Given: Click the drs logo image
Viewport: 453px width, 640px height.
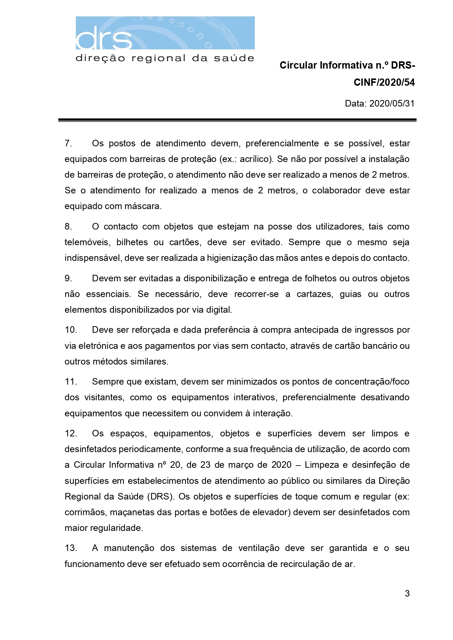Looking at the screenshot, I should (165, 39).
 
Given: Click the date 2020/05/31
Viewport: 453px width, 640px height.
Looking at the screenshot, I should (392, 104).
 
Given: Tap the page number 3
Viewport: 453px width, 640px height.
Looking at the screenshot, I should (407, 594).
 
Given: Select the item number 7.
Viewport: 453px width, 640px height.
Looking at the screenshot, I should (68, 143).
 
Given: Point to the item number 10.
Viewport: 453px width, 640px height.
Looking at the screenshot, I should (70, 330).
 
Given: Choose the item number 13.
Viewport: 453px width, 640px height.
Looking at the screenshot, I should (70, 548).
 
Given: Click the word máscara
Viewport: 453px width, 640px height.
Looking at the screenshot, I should (142, 206).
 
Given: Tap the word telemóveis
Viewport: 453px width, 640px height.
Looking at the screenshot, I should (87, 242).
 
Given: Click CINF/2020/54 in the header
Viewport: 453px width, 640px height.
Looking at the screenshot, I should (384, 82).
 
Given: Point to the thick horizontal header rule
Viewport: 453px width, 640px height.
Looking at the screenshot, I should (237, 120).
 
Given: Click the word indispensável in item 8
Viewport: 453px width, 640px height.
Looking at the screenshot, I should (93, 258).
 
